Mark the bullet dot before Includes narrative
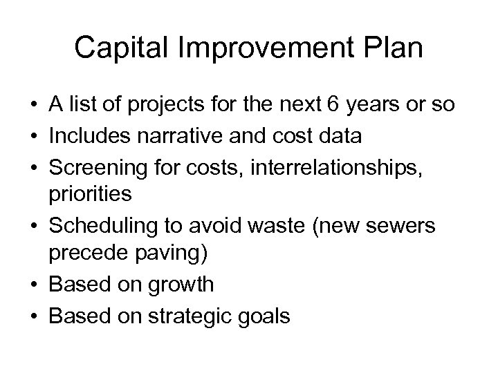point(34,135)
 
